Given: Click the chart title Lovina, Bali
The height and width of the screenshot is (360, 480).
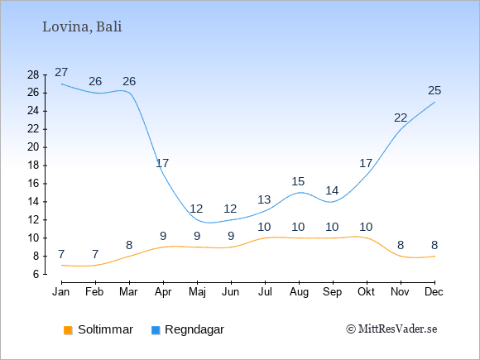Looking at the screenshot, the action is pos(82,27).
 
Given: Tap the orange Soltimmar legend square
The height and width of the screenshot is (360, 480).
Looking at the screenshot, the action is pos(68,330).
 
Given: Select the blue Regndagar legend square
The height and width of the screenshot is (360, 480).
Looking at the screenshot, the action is pos(156,330).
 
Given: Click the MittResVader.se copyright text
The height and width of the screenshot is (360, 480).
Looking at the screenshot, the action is pos(391,329).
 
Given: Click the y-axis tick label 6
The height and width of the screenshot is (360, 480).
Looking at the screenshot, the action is pos(36,274).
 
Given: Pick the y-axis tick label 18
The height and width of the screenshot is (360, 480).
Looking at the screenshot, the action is pos(33,166).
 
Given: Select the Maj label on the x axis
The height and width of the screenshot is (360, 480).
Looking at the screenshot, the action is pos(197,292).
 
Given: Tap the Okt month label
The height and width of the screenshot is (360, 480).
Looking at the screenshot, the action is pos(366,292).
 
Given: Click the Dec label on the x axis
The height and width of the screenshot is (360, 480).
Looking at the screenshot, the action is pos(434,292).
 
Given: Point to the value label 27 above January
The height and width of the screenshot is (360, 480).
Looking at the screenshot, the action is pos(61,73).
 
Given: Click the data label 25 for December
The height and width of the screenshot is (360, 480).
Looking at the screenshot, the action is pos(434,90).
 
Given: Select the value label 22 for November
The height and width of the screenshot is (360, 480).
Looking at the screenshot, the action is pos(401,118).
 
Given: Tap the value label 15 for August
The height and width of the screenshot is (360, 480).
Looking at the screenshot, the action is pos(298,181).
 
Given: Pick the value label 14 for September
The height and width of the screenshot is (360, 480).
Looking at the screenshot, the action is pos(332,190).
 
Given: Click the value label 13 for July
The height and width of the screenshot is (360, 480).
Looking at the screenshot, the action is pos(264,200).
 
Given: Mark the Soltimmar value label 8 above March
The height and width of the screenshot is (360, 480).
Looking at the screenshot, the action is pos(129,245).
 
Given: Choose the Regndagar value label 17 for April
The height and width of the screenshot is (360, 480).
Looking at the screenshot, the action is pos(162,164).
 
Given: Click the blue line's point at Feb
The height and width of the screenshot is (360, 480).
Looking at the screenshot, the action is pos(95,93).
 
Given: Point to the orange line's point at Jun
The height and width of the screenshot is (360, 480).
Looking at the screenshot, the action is pos(231,247).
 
